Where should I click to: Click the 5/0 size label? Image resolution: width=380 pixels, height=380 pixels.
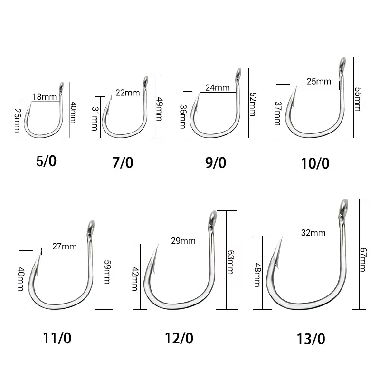point(46,161)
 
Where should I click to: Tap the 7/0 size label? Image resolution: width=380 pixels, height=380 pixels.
point(123,162)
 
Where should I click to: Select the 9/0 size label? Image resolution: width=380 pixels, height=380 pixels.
point(216,162)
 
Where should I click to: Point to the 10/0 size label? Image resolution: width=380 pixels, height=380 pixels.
point(315,163)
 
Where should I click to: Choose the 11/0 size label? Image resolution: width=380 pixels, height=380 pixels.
point(57,338)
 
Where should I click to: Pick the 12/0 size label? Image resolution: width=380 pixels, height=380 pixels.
point(179,338)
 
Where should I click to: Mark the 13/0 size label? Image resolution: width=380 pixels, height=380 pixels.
point(311,339)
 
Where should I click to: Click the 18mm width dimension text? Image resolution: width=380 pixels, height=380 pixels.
point(44,97)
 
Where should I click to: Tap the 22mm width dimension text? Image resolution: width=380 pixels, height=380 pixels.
point(127,93)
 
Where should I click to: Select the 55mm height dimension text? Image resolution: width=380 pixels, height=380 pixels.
point(358,99)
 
